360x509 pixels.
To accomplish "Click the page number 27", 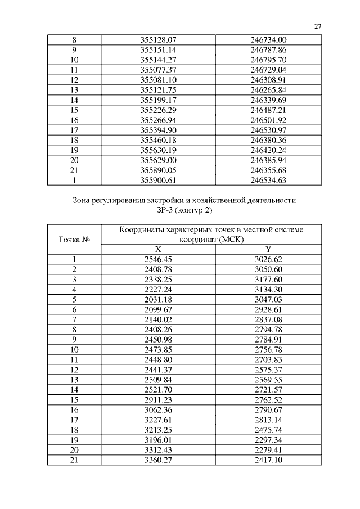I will click(x=318, y=26).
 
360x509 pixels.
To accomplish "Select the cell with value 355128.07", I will click(x=158, y=40).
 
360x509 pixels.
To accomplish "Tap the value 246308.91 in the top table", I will click(x=268, y=80).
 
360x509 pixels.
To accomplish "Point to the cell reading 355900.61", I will click(x=158, y=180).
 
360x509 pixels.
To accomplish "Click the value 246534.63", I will click(x=268, y=180).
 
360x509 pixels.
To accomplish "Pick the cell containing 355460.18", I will click(x=158, y=140).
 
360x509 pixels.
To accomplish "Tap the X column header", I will click(x=158, y=249).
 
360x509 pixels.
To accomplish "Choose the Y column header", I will click(x=268, y=249).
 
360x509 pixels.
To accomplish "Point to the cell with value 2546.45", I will click(x=158, y=259).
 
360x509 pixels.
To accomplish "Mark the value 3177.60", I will click(x=268, y=280).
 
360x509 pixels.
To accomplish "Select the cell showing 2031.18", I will click(x=158, y=299).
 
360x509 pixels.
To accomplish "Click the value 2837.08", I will click(x=268, y=319).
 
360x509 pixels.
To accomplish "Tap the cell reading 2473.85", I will click(x=158, y=349).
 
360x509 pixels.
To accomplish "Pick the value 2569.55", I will click(x=268, y=380).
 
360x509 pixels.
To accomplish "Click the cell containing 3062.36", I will click(x=158, y=409).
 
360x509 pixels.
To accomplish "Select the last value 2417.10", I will click(x=268, y=460).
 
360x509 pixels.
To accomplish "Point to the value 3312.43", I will click(x=158, y=449).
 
